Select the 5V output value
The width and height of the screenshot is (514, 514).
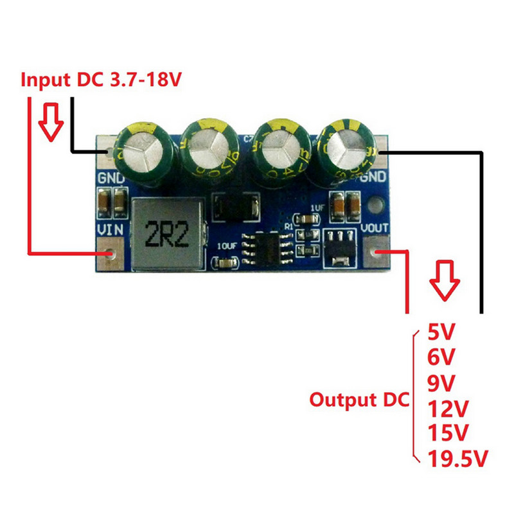coord(441,332)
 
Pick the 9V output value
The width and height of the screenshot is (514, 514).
coord(441,383)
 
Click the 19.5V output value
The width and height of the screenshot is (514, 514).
coord(457,458)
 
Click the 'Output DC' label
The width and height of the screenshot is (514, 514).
coord(359,400)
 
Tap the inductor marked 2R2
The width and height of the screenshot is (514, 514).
coord(166,235)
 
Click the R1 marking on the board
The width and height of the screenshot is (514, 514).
coord(289,226)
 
